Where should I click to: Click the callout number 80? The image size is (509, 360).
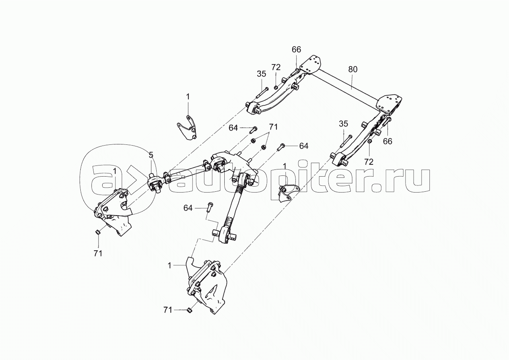pos(353,69)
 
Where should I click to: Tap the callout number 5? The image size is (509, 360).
pos(151,155)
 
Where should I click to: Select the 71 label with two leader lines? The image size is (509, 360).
pos(273,127)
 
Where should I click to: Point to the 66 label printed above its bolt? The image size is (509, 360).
pos(296,50)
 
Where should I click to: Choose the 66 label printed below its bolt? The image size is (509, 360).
pos(387,141)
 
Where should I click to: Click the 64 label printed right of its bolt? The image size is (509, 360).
pos(303,146)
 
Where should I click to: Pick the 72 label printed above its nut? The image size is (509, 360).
pos(276,67)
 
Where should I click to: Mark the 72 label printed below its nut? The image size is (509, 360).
pos(369,162)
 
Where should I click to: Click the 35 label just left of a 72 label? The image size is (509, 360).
pos(261,74)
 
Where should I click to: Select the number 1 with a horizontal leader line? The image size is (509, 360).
pos(169,265)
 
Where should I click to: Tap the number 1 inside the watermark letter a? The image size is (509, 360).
pos(115,171)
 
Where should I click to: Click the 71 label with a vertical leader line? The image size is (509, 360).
pos(98,253)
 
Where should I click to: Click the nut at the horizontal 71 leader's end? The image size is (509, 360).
pos(189,310)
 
